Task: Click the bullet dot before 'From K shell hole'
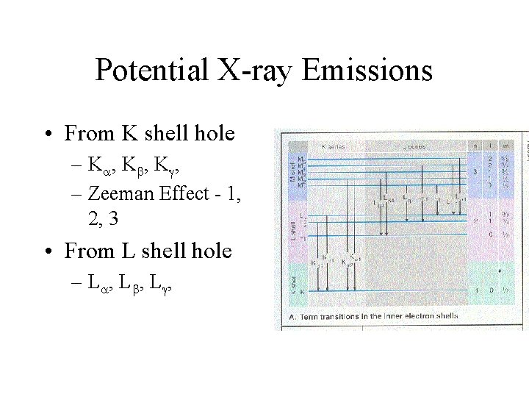(47, 135)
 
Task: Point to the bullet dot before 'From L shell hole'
(47, 252)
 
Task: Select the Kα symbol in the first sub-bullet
(98, 165)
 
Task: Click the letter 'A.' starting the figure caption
(288, 316)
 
